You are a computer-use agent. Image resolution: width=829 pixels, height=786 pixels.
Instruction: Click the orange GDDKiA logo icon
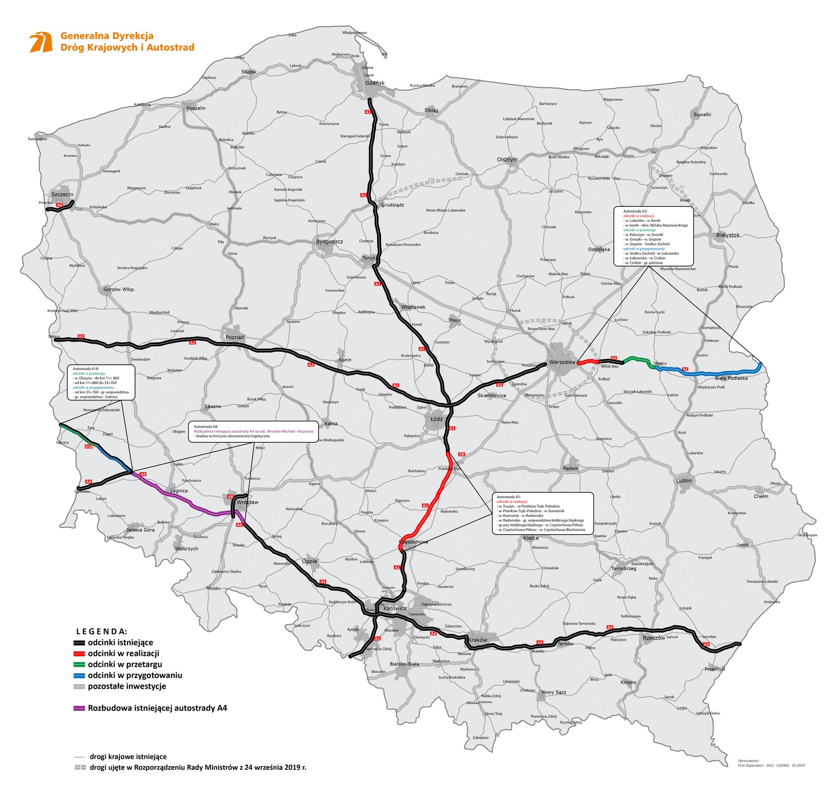click(41, 43)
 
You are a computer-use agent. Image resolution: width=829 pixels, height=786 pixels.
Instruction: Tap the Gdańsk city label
click(374, 83)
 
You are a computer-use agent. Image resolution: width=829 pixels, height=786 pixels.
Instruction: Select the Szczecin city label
click(62, 194)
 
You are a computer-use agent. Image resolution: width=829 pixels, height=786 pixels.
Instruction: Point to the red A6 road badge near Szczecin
click(60, 205)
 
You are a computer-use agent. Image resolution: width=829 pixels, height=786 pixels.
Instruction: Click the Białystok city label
click(728, 235)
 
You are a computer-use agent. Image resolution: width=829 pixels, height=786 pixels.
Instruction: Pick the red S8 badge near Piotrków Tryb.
click(462, 454)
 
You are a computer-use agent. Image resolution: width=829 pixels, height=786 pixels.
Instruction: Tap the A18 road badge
click(88, 446)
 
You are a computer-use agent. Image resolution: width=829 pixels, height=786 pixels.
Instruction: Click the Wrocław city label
click(247, 502)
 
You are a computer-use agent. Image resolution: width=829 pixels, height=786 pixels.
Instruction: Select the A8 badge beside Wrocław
click(230, 497)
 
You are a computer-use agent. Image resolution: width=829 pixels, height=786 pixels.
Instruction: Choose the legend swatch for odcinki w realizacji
click(78, 654)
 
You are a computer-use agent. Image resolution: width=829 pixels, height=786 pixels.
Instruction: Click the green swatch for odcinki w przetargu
click(78, 664)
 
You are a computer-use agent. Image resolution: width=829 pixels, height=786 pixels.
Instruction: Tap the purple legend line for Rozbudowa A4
click(78, 708)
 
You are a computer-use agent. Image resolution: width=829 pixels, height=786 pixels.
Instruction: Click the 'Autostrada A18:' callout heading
click(85, 369)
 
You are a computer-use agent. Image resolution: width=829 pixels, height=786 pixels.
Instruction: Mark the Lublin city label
click(684, 480)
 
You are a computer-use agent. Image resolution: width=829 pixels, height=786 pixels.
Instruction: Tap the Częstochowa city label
click(413, 542)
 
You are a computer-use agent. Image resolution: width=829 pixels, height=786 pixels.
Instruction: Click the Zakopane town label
click(480, 737)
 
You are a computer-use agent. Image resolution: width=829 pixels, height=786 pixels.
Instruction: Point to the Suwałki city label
click(702, 114)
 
